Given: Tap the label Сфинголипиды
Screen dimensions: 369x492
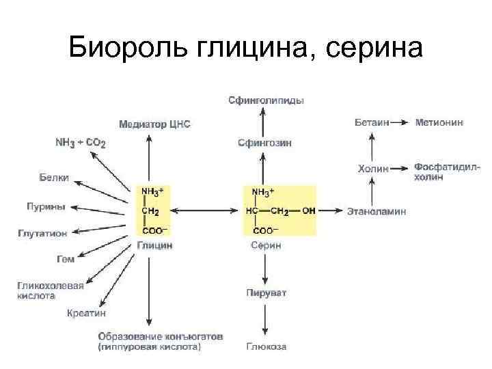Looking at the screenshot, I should [266, 100].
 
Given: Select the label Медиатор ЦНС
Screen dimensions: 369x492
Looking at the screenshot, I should [154, 124].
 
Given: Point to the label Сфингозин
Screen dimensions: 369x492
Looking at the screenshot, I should [264, 143].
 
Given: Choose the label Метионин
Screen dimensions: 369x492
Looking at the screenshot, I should [439, 122].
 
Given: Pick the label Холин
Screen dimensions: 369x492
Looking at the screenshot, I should [373, 168].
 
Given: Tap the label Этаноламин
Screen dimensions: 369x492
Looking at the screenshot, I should [377, 211].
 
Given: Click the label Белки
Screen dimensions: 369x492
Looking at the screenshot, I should [54, 178].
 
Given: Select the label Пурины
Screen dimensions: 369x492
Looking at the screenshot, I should [46, 206].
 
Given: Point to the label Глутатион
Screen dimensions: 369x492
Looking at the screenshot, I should [42, 233].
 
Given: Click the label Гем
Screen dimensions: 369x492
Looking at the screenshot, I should [66, 259].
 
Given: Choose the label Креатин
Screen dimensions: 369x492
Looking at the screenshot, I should [86, 313].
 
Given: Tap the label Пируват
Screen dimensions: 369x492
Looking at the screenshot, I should [266, 293].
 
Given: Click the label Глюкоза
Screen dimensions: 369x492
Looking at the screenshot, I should [266, 346].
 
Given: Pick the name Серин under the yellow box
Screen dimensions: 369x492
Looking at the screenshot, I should [266, 245].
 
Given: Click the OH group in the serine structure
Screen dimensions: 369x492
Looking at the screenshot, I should [308, 211].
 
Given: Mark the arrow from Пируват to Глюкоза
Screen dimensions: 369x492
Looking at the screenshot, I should [266, 320].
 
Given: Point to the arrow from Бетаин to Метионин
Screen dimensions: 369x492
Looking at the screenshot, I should [402, 122].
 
